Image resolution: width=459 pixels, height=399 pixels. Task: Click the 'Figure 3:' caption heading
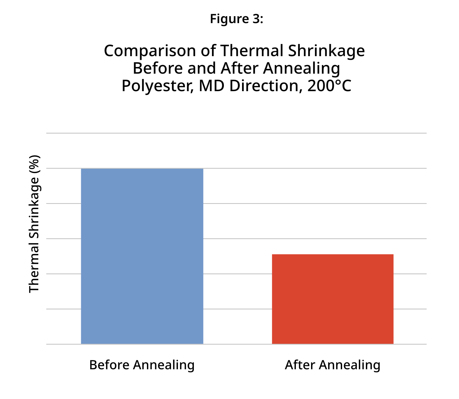pos(236,19)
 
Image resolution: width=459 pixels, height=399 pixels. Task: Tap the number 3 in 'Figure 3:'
pos(256,19)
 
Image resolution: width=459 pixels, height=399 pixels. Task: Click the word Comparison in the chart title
pos(150,51)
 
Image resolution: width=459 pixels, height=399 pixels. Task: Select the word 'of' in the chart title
pos(208,51)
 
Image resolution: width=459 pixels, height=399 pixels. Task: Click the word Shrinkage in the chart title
pos(326,51)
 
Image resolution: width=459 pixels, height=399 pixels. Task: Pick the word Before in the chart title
pos(157,68)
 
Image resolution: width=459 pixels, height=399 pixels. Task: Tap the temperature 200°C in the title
pos(329,86)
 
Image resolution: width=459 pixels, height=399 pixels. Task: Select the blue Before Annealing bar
pos(142,256)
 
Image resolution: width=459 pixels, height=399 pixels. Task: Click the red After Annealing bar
pos(333,299)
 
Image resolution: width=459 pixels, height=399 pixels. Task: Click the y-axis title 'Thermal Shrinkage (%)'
pos(34,224)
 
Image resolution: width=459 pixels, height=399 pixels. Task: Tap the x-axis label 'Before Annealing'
pos(142,365)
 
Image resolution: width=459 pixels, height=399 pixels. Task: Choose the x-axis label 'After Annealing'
pos(333,365)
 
